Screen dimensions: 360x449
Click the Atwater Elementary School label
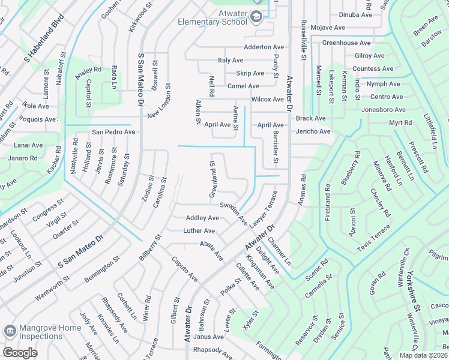[x=212, y=17]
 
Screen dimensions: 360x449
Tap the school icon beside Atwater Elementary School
[x=256, y=18]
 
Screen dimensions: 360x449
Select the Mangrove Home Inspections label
[x=50, y=332]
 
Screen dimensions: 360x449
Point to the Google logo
[x=20, y=353]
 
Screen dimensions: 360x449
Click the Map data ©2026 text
[x=423, y=355]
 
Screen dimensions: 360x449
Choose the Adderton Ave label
[x=264, y=47]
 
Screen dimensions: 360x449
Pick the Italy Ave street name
[x=230, y=61]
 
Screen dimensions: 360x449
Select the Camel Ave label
[x=243, y=86]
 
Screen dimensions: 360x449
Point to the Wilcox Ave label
[x=267, y=99]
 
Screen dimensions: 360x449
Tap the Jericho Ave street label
[x=313, y=131]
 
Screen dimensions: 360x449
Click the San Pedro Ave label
[x=113, y=131]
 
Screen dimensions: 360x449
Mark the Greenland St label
[x=212, y=179]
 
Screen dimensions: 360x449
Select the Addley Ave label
[x=202, y=218]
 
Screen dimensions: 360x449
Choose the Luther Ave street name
[x=199, y=231]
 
